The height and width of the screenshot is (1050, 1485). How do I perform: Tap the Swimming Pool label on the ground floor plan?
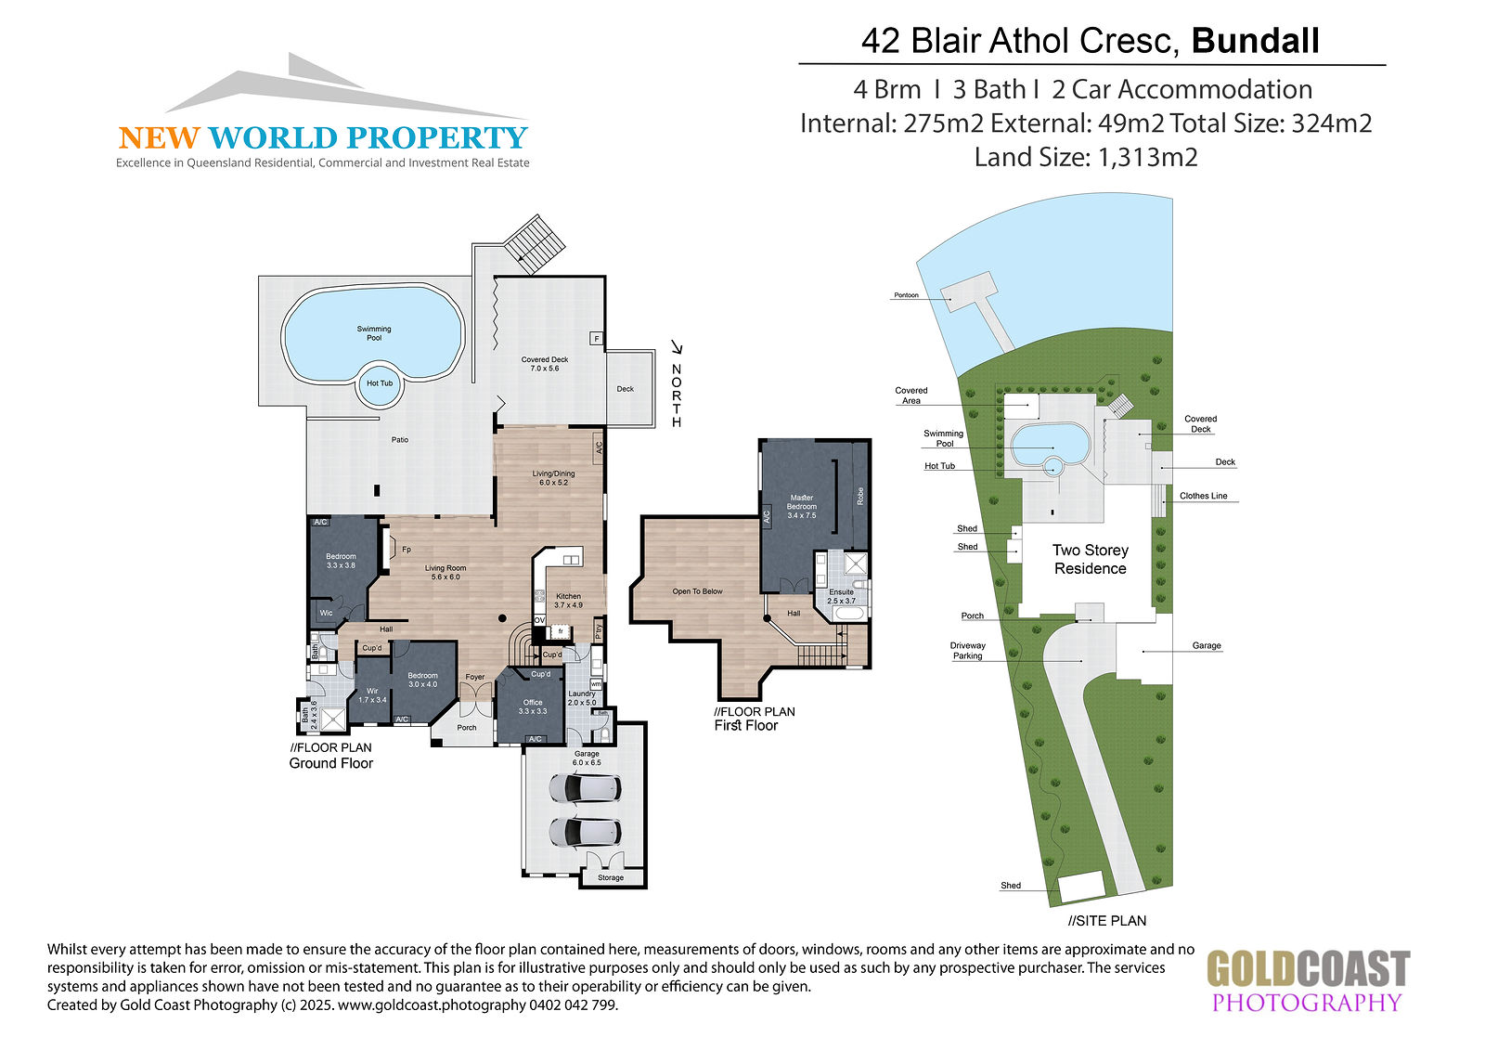click(374, 333)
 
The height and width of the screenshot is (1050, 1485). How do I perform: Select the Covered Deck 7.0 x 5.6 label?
click(544, 364)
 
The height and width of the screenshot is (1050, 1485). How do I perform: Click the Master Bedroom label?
click(802, 506)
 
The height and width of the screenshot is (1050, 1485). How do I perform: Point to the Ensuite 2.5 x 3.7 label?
click(841, 596)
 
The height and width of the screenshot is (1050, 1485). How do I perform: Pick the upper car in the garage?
click(586, 789)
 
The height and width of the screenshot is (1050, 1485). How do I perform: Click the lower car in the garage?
click(586, 831)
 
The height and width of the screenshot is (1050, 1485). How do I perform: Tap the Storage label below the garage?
click(611, 877)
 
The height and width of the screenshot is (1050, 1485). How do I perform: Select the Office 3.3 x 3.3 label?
click(533, 706)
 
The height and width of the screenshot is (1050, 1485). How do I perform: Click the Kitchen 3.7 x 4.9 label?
click(568, 601)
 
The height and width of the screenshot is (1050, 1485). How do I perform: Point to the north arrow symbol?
click(677, 346)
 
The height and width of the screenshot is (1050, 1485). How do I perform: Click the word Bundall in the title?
click(1255, 41)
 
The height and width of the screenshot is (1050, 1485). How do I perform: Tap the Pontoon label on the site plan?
click(906, 295)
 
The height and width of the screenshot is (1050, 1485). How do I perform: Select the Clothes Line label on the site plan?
click(1203, 496)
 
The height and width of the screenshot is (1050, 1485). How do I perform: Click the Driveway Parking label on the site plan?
click(967, 651)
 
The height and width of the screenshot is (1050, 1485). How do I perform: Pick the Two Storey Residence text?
click(1090, 559)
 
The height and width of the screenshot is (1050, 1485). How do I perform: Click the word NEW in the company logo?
click(159, 138)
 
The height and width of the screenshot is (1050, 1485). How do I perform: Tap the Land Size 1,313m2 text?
click(1086, 158)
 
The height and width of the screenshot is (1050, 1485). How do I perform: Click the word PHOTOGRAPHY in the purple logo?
click(1307, 1003)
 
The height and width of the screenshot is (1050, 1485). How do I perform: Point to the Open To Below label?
click(697, 591)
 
